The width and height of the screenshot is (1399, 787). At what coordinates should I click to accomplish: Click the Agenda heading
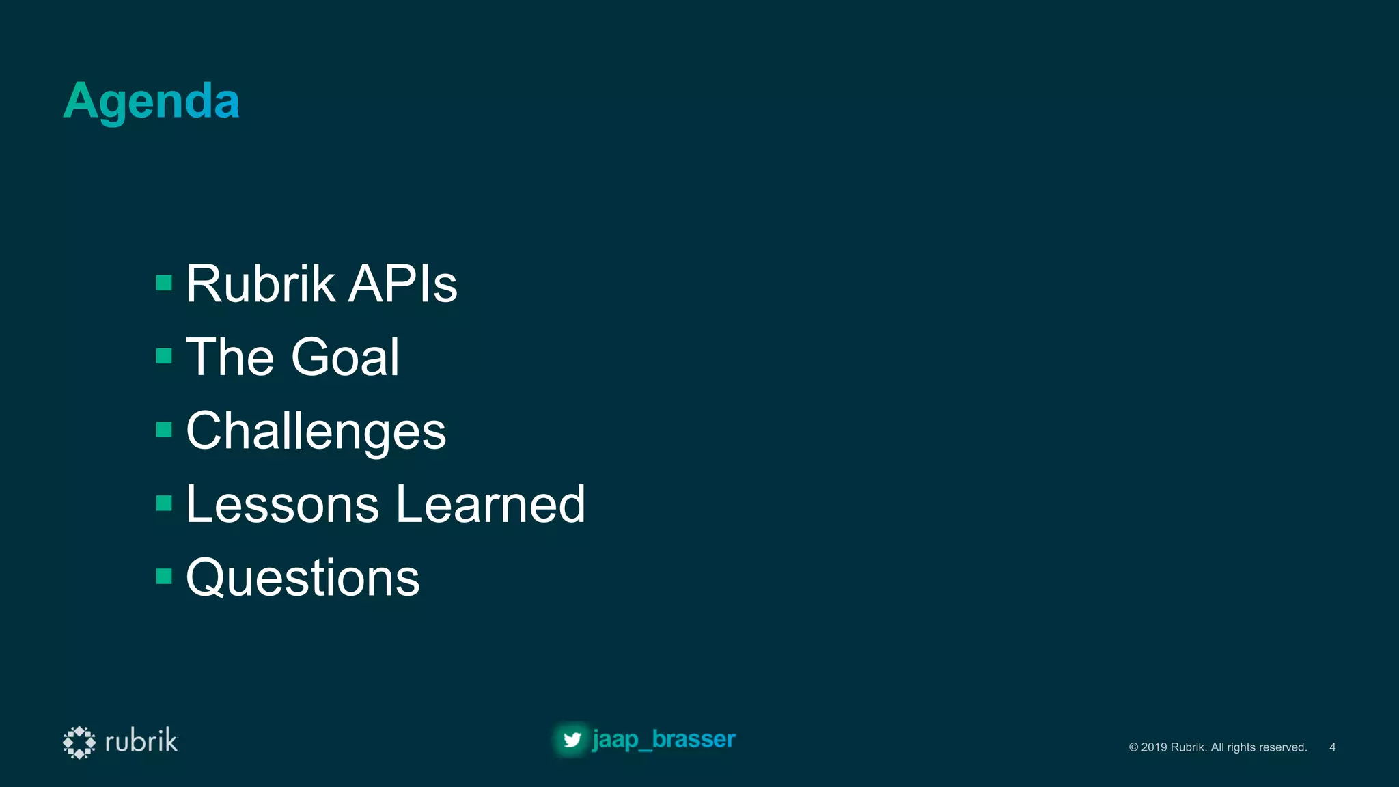tap(151, 101)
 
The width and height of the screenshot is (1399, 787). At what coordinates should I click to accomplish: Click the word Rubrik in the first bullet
tap(260, 284)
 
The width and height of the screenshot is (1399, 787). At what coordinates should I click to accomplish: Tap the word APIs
tap(402, 284)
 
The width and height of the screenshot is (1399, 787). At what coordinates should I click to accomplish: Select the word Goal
tap(345, 357)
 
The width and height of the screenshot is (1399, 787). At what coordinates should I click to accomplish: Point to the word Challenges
tap(316, 431)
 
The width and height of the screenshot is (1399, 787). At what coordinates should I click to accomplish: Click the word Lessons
tap(282, 504)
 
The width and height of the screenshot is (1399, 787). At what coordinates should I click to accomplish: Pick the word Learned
tap(490, 504)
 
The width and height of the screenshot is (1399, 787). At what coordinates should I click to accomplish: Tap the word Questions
tap(303, 578)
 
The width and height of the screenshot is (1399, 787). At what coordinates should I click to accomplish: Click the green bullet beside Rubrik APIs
tap(164, 283)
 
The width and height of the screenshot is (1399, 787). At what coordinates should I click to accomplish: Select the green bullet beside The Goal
tap(164, 356)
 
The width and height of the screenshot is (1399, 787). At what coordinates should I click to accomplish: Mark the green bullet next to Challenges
tap(164, 430)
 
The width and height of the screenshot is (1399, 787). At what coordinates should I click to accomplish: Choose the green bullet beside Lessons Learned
tap(164, 503)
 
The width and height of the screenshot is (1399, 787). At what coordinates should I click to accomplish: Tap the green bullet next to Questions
tap(164, 577)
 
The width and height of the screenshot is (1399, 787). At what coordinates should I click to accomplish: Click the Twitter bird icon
tap(572, 740)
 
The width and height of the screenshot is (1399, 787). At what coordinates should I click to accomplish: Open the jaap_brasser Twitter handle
tap(664, 739)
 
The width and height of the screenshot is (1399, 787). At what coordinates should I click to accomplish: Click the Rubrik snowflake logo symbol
tap(79, 742)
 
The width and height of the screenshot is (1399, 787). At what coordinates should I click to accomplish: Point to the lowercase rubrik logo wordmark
tap(141, 741)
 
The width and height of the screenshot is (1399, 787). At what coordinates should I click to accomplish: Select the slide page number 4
tap(1332, 747)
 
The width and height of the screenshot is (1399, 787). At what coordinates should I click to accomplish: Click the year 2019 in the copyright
tap(1154, 747)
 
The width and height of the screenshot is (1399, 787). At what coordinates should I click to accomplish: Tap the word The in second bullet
tap(230, 357)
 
